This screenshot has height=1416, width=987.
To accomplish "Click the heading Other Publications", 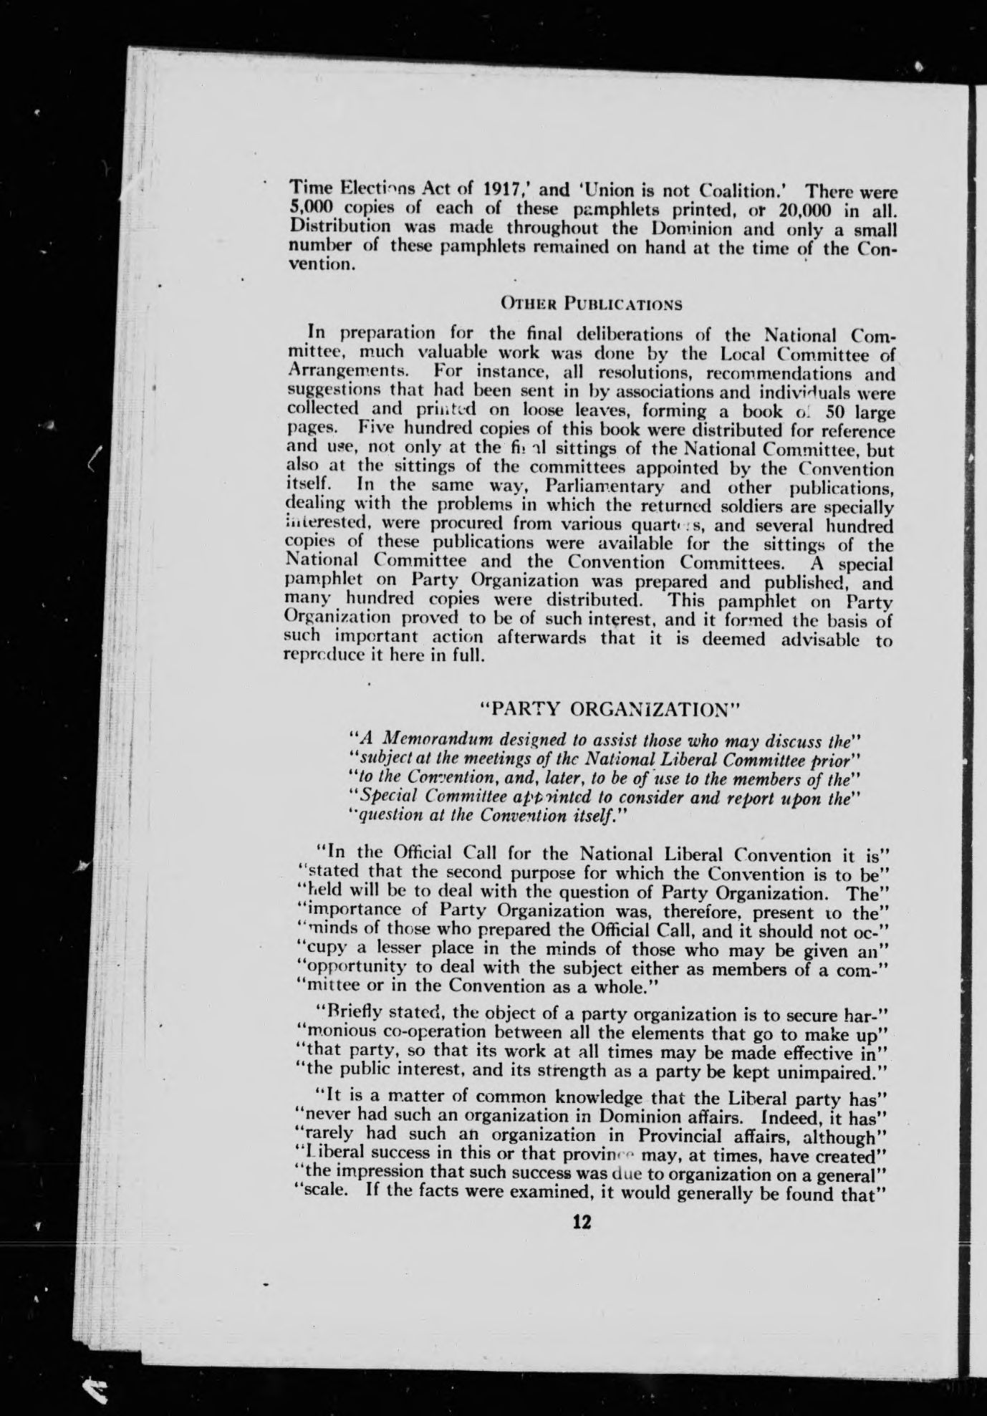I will [x=591, y=304].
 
